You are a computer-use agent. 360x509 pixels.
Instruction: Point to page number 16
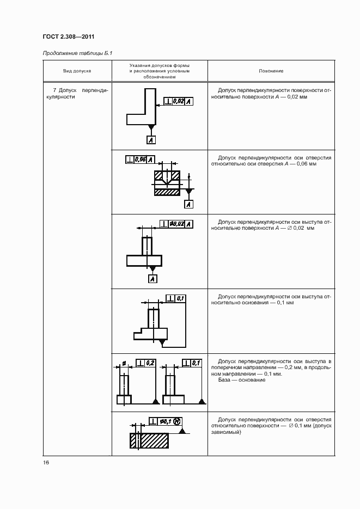pos(46,462)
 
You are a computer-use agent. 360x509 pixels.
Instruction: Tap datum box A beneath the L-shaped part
pos(151,140)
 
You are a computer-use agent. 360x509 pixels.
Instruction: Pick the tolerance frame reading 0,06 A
pos(140,160)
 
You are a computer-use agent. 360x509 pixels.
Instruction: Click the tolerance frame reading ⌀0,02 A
pos(176,223)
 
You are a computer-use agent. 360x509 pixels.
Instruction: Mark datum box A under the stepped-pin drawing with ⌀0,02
pos(152,279)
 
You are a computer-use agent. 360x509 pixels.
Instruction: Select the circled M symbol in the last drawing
pos(178,421)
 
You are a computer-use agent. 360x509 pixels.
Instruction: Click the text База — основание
pos(241,380)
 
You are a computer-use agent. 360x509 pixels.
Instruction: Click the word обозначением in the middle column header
pos(159,77)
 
